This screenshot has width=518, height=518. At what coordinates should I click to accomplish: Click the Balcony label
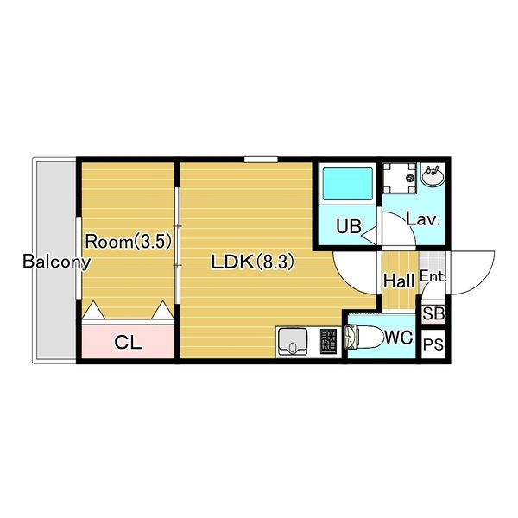[x=56, y=262]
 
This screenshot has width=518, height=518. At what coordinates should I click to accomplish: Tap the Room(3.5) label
[x=129, y=242]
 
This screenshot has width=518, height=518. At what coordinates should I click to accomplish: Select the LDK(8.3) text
[x=252, y=262]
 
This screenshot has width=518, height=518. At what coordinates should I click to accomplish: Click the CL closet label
[x=128, y=343]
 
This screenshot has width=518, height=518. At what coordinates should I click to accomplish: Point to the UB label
[x=349, y=226]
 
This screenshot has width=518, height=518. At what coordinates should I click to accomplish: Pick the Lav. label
[x=423, y=218]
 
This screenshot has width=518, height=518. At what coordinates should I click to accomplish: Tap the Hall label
[x=399, y=281]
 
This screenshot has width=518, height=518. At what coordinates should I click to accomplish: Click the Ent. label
[x=433, y=276]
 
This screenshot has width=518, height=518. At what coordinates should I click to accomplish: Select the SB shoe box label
[x=433, y=313]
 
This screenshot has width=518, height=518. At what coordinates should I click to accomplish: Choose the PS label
[x=433, y=344]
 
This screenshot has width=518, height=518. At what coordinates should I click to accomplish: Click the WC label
[x=399, y=338]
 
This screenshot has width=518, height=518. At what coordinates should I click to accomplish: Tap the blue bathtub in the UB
[x=348, y=184]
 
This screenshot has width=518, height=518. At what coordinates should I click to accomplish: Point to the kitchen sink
[x=293, y=341]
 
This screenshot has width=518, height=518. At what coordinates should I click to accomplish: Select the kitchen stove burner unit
[x=328, y=342]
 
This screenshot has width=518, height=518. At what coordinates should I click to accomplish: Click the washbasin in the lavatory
[x=433, y=176]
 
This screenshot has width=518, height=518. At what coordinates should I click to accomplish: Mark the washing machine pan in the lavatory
[x=400, y=178]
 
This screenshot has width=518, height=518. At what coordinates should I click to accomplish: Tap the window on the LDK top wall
[x=261, y=160]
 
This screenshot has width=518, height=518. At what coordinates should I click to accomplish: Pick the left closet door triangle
[x=93, y=310]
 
